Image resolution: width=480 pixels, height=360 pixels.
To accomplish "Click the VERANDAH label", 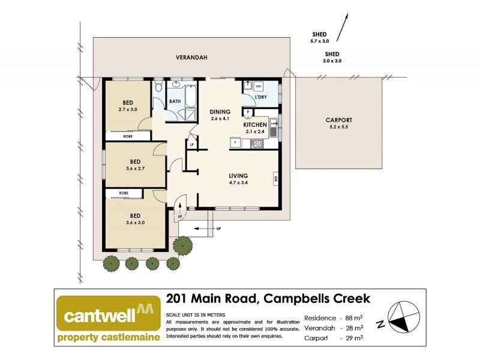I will pyautogui.click(x=191, y=58).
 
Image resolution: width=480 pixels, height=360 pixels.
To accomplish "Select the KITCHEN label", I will pyautogui.click(x=255, y=125).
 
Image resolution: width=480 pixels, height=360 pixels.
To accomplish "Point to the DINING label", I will pyautogui.click(x=220, y=112).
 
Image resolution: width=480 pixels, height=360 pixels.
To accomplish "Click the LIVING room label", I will pyautogui.click(x=238, y=176).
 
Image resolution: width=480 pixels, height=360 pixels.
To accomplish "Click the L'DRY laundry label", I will pyautogui.click(x=261, y=97).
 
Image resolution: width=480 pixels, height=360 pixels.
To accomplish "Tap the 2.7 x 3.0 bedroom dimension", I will pyautogui.click(x=128, y=110).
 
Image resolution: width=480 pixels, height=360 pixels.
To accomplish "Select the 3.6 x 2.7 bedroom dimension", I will pyautogui.click(x=135, y=169).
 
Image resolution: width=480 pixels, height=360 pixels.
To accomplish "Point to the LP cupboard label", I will pyautogui.click(x=192, y=145).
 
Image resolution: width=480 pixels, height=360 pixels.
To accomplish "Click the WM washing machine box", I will pyautogui.click(x=250, y=86).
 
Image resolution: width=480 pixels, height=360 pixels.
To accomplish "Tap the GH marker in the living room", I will pyautogui.click(x=275, y=178).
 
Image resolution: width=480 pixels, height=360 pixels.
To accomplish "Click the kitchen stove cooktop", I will pyautogui.click(x=257, y=143).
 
